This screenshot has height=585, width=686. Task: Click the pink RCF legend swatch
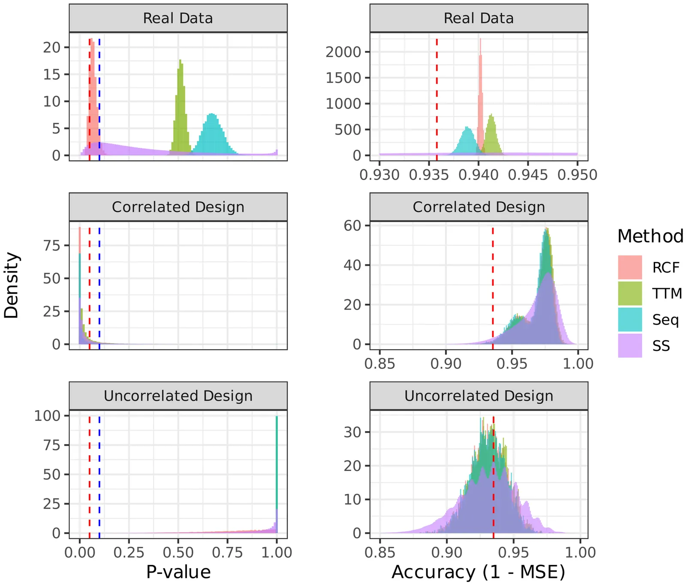coord(630,267)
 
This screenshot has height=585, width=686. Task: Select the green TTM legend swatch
coord(630,294)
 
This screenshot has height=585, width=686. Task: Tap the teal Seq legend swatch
coord(630,320)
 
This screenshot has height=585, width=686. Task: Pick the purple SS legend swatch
coord(630,346)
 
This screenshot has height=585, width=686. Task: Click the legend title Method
coord(650,236)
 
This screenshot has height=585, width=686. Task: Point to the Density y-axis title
coord(12,285)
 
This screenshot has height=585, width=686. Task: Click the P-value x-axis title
coord(178,572)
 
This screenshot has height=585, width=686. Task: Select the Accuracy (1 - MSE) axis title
coord(478,572)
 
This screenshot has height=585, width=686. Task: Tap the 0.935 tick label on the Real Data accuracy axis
coord(429,175)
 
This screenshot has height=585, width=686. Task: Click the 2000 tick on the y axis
coord(343,52)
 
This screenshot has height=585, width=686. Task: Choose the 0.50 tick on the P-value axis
coord(178,552)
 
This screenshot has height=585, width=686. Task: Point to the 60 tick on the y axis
coord(352,225)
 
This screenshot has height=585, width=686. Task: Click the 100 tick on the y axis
coord(47,415)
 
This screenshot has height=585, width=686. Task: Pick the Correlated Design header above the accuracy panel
coord(478,207)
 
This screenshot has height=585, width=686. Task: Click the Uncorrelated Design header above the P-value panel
coord(178,396)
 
